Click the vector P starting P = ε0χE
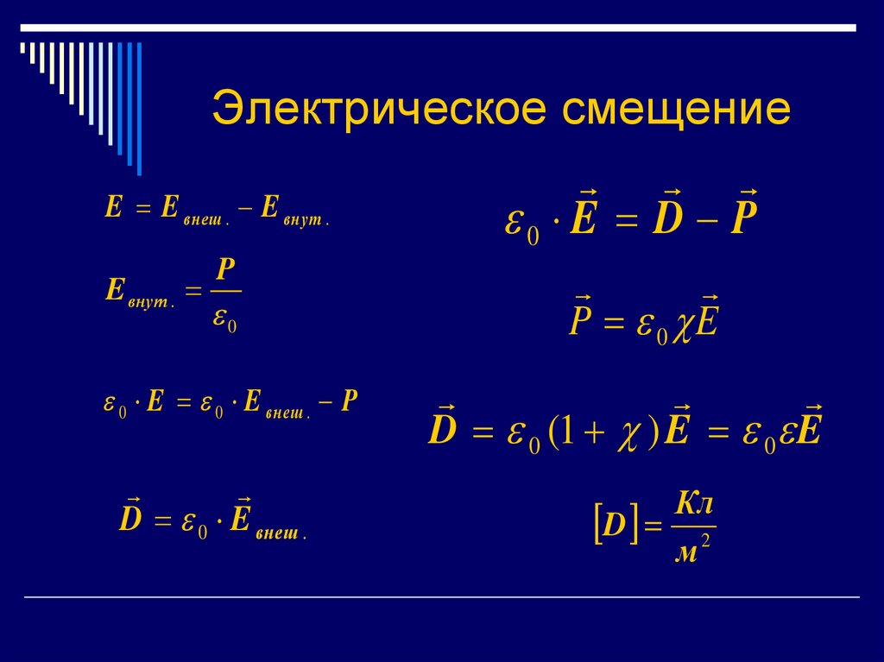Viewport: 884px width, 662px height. (x=580, y=324)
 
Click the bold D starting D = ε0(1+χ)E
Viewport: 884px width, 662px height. (x=442, y=431)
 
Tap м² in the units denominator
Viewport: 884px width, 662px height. (x=691, y=551)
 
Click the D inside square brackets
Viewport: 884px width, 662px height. (x=614, y=526)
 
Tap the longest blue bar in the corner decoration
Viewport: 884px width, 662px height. (x=138, y=108)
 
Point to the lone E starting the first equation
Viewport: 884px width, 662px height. (x=113, y=207)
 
